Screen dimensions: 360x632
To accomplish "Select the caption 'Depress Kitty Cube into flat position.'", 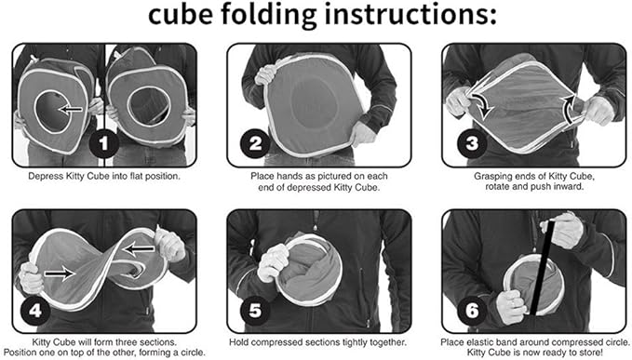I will [x=104, y=174].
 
